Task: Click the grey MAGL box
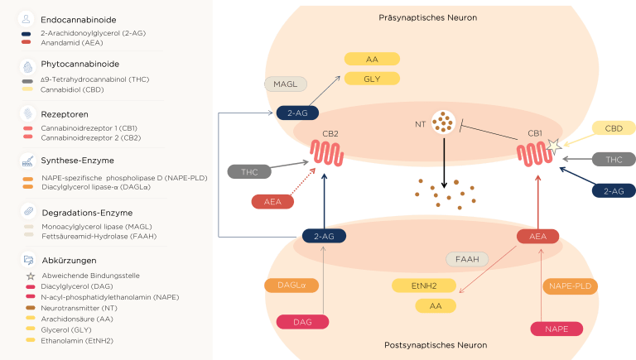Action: pos(286,84)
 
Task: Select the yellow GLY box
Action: pos(372,79)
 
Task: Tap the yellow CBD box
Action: pos(614,128)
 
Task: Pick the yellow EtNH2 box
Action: pos(424,286)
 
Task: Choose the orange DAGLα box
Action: pos(291,286)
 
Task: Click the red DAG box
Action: pos(301,322)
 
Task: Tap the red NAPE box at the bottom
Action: pos(556,329)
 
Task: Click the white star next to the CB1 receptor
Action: pos(552,146)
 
